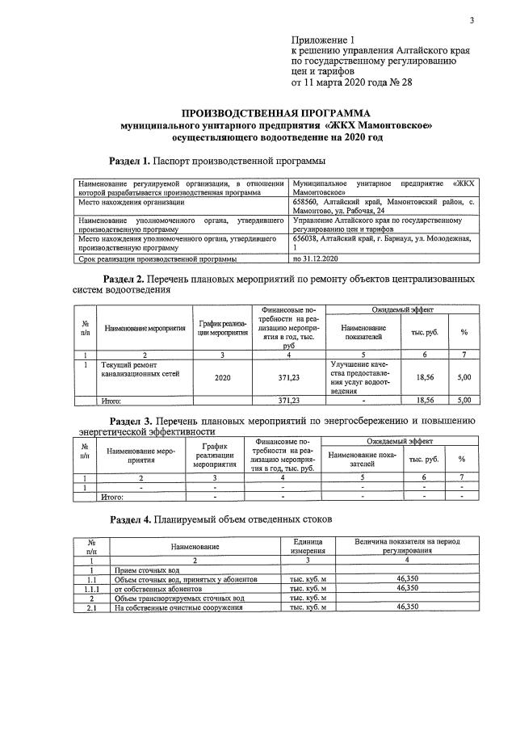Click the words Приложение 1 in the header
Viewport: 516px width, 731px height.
tap(322, 40)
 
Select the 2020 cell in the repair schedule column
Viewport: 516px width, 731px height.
tap(222, 376)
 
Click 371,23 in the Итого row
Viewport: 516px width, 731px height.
tap(288, 400)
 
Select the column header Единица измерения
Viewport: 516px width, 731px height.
tap(307, 546)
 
